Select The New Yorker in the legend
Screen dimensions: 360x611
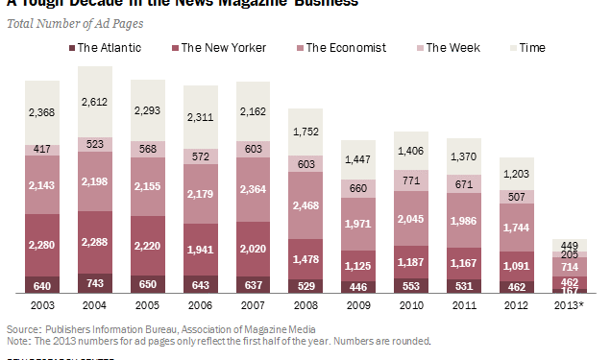[x=217, y=47]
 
